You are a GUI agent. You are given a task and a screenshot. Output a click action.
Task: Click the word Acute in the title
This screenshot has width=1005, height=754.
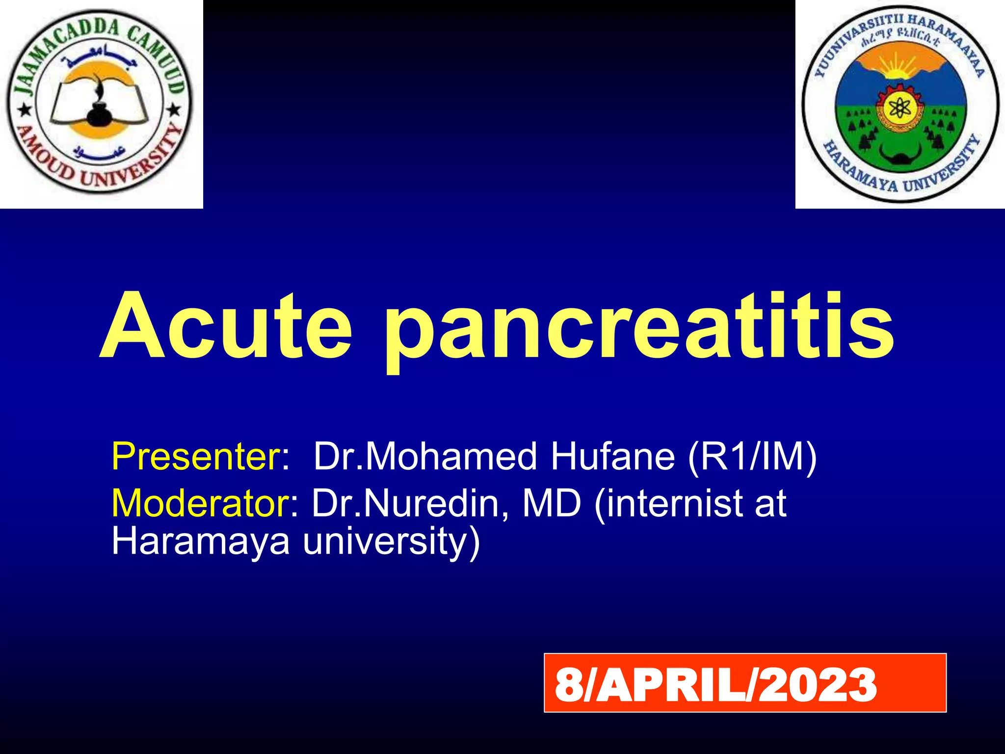point(226,326)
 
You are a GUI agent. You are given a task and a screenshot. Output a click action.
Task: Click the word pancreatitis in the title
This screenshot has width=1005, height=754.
point(638,329)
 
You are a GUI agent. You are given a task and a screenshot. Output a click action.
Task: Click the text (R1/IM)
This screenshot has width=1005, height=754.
point(752,457)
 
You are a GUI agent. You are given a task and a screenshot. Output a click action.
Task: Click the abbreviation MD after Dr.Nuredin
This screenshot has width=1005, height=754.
point(552,503)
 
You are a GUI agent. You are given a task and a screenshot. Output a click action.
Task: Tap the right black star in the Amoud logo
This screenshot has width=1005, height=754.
point(173,109)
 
